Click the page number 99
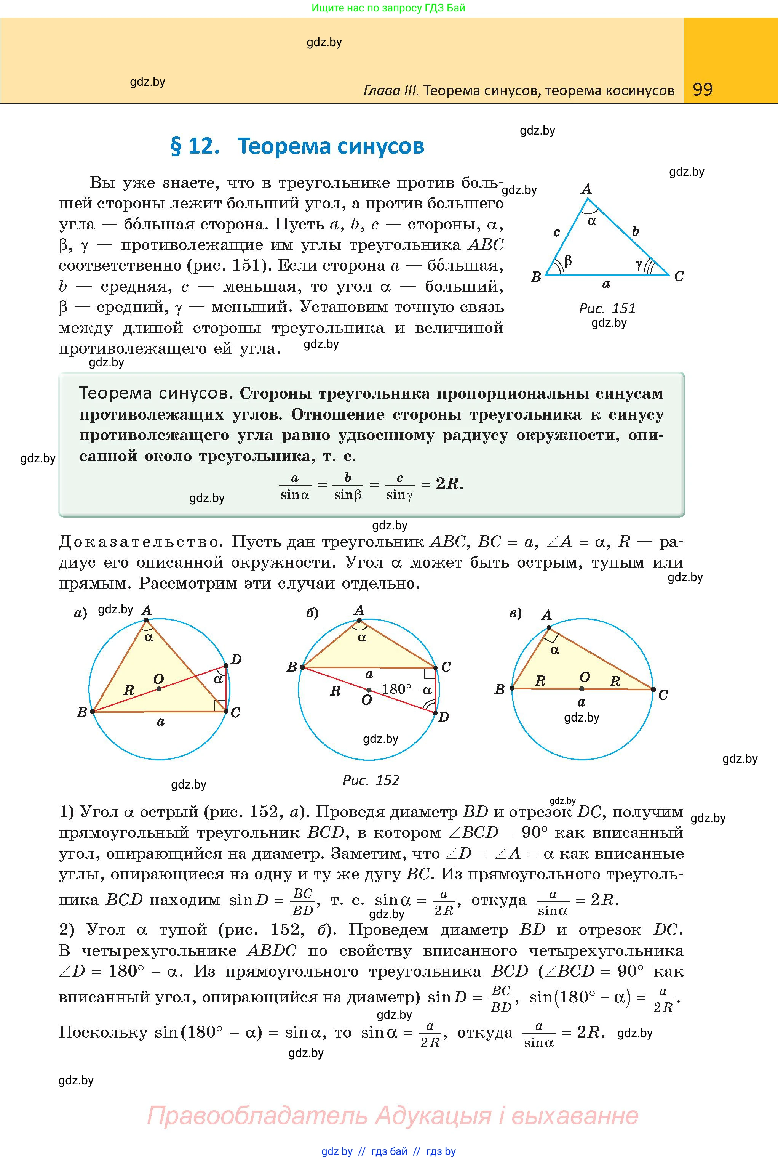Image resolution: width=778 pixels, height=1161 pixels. coord(703,90)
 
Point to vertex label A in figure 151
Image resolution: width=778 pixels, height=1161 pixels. coord(586,189)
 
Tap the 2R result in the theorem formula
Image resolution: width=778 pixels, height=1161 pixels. coord(449,484)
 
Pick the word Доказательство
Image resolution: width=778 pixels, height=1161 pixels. coord(139,542)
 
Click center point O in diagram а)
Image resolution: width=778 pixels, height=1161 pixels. coord(159,689)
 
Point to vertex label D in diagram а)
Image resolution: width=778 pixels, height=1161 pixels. coord(236,659)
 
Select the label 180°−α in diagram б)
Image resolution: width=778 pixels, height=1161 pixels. coord(406,689)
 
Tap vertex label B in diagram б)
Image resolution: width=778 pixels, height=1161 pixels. coord(292,667)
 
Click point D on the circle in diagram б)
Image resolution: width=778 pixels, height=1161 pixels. coord(435,713)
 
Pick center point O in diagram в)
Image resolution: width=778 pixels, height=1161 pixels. coord(582,689)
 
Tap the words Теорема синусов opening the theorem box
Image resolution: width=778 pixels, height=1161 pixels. coord(155,394)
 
